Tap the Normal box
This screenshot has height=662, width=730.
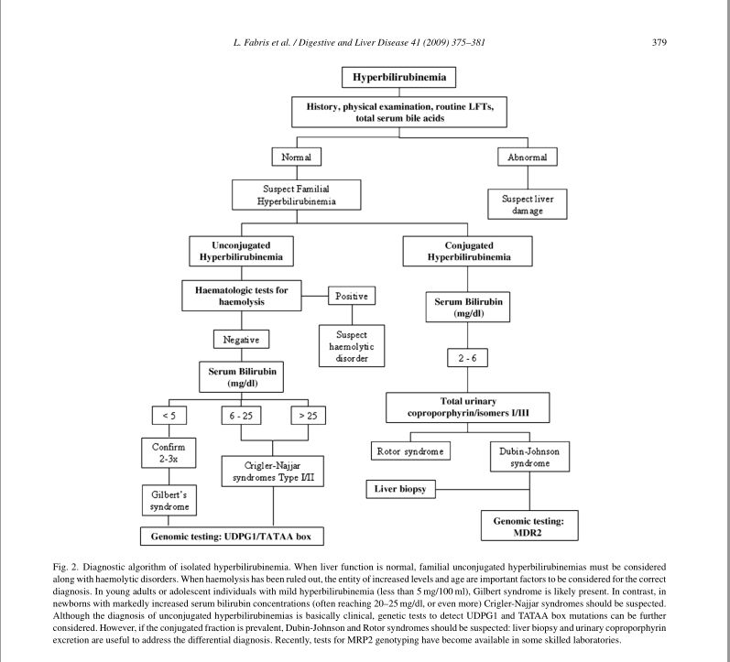pos(296,157)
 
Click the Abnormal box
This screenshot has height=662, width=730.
pos(527,157)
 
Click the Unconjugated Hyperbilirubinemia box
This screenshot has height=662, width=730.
pos(240,252)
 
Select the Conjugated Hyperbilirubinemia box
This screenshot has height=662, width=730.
pos(468,252)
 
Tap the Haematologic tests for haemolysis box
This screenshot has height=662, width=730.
pos(241,296)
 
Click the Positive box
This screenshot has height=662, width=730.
pos(353,296)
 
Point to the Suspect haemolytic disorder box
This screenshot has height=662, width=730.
pos(352,346)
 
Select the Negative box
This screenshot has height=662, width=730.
pos(241,340)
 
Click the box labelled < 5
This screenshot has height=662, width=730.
pos(169,416)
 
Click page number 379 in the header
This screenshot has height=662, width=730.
pos(659,44)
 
